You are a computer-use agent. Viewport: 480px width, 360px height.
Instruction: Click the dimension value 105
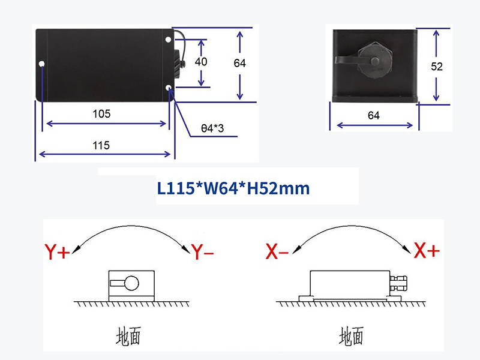[x=101, y=113]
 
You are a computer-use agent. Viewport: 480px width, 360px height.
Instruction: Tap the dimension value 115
[x=101, y=145]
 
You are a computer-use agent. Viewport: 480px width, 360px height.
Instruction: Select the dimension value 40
[x=201, y=62]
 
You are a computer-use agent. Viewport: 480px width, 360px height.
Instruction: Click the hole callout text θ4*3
[x=211, y=128]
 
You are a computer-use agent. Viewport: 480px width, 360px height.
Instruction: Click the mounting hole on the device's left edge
[x=41, y=64]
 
